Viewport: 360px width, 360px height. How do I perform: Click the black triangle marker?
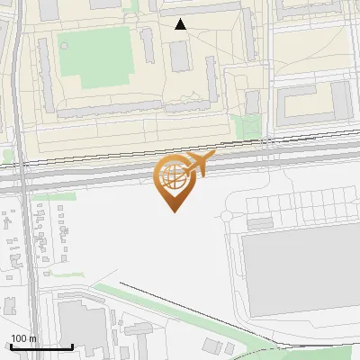[181, 24]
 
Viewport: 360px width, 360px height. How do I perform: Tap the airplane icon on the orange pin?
[201, 163]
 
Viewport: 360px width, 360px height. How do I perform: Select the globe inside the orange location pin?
[173, 178]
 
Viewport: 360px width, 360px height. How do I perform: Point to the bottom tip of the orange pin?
[173, 211]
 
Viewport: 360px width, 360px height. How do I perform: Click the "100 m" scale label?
[24, 338]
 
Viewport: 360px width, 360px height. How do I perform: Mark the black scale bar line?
[41, 346]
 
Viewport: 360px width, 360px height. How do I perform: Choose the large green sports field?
[103, 56]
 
